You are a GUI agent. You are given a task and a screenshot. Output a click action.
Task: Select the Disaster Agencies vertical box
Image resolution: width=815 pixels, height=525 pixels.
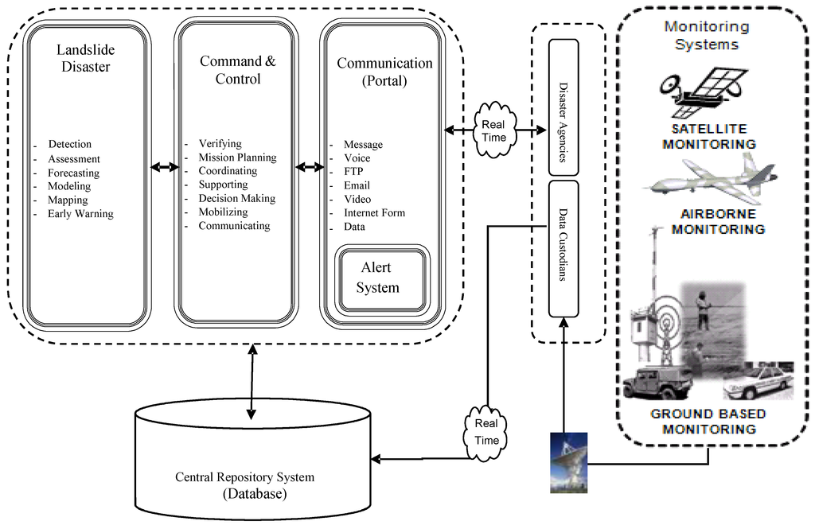point(563,107)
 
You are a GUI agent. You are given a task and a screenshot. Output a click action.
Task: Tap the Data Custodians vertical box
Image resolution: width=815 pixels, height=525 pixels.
point(563,247)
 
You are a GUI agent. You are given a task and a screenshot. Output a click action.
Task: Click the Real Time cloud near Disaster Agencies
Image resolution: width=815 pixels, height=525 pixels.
point(493,130)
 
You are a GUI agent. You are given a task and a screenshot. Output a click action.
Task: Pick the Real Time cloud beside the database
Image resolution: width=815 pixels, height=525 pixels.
point(486,430)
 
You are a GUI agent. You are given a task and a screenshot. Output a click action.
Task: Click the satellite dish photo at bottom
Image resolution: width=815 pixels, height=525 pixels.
point(569,461)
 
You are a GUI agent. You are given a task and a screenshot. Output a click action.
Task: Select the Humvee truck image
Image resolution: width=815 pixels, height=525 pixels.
point(657,383)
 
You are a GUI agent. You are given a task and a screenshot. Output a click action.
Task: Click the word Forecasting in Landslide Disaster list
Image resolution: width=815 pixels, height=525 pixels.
point(73,173)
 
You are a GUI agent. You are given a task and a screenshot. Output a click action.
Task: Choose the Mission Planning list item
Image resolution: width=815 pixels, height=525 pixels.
point(237,157)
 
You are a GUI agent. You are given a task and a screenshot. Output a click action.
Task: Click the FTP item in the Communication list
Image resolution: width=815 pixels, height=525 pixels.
point(353,172)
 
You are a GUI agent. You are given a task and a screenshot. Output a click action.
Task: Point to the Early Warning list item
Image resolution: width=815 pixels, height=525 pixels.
point(80,214)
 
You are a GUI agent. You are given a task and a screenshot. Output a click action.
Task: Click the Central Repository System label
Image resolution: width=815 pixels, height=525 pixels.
point(244,478)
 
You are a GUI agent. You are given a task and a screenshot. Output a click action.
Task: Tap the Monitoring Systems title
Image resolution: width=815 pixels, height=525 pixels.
point(707,35)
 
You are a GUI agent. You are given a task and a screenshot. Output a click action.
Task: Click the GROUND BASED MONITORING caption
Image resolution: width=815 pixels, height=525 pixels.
point(708,422)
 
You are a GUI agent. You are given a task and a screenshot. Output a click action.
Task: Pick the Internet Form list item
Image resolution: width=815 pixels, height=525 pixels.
point(374,213)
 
